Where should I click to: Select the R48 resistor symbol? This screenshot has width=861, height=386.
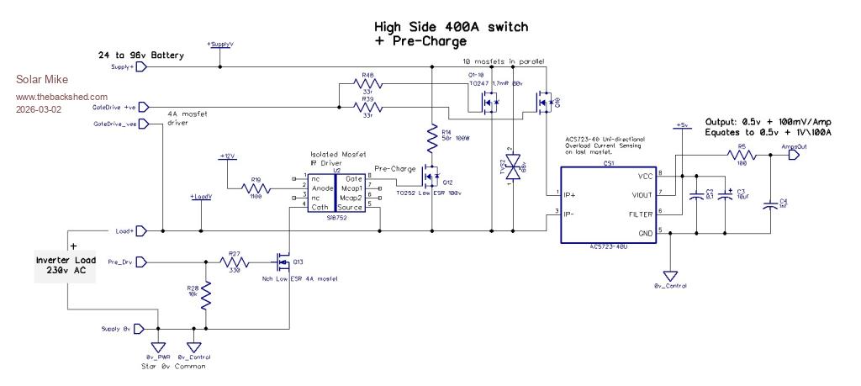[x=367, y=84]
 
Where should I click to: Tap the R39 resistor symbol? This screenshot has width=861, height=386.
[x=367, y=107]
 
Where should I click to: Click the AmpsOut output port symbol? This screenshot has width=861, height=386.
[x=791, y=155]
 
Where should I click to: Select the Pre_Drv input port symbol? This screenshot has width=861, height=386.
[x=140, y=262]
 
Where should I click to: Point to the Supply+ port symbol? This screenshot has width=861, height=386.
[x=141, y=67]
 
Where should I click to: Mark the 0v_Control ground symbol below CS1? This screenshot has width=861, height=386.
[x=670, y=276]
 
